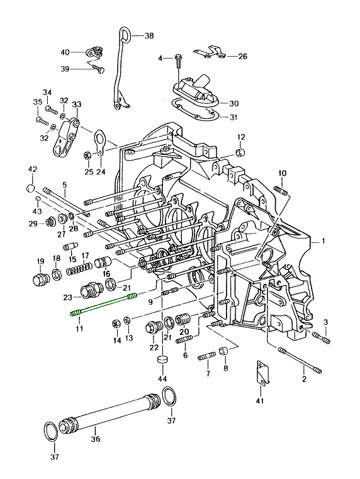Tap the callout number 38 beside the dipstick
click(x=149, y=36)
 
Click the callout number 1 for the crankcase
click(x=323, y=241)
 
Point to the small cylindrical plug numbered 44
click(x=163, y=359)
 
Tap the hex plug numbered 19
click(x=40, y=280)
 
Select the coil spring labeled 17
click(x=79, y=268)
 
